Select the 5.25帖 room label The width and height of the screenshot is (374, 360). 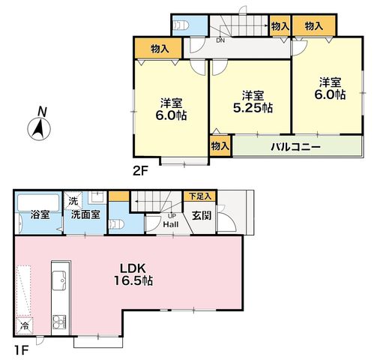[253, 108]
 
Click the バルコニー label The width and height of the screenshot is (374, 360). [295, 147]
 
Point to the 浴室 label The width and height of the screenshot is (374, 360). [40, 214]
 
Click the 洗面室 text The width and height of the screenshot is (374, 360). [85, 214]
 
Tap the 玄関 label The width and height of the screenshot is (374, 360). [202, 215]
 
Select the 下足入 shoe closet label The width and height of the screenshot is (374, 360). [200, 196]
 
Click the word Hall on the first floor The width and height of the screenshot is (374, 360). [171, 224]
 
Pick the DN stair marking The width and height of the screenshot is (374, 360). [220, 40]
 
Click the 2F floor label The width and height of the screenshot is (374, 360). [140, 172]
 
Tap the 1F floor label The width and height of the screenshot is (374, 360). [20, 350]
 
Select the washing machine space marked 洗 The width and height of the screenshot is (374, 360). [73, 201]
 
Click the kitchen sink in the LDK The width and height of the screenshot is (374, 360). [59, 280]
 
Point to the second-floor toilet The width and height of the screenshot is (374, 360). [181, 25]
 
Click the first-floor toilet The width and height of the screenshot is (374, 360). [116, 224]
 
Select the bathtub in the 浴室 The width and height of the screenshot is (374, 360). [38, 202]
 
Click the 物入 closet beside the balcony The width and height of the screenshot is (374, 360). [220, 146]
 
